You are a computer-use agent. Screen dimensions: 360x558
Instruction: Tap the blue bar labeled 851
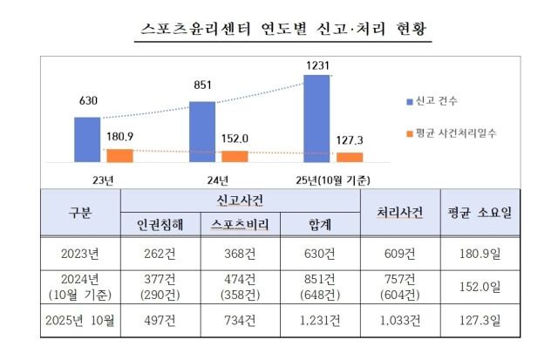[x=201, y=132]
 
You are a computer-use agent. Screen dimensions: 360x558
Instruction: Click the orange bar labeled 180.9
[x=119, y=156]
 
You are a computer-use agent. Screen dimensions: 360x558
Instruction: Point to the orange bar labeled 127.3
[x=350, y=158]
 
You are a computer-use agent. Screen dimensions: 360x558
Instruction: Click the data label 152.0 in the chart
[x=235, y=138]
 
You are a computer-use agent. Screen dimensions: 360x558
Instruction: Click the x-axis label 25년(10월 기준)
[x=334, y=180]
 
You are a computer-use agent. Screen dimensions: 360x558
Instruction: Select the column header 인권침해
[x=160, y=224]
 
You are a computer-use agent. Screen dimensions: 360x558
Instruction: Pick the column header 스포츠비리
[x=240, y=224]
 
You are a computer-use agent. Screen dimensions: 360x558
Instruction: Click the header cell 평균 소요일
[x=480, y=213]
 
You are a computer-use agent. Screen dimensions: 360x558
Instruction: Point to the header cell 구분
[x=79, y=213]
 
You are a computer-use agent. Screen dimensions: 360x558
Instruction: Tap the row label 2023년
[x=79, y=254]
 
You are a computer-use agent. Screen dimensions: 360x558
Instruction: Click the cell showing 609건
[x=399, y=254]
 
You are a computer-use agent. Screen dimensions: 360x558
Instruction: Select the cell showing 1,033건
[x=399, y=320]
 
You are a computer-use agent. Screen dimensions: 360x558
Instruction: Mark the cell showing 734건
[x=240, y=320]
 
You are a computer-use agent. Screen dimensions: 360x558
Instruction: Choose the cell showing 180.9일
[x=480, y=254]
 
